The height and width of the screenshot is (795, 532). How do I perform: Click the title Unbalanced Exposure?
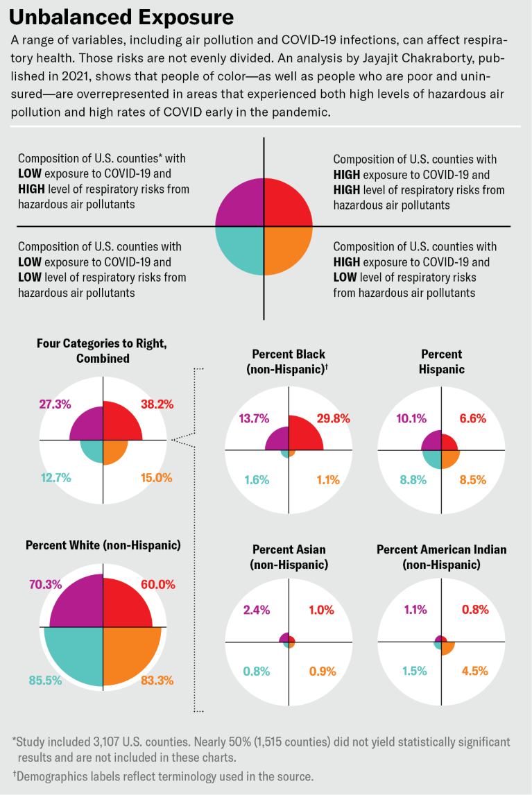point(121,17)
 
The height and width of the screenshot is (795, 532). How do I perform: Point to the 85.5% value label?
point(46,681)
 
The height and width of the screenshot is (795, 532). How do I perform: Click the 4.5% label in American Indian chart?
point(475,671)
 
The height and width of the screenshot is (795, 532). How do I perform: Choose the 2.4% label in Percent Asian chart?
point(257,610)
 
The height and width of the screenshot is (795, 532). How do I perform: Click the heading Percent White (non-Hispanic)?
point(103,545)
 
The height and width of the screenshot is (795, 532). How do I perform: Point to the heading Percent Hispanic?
point(441,361)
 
